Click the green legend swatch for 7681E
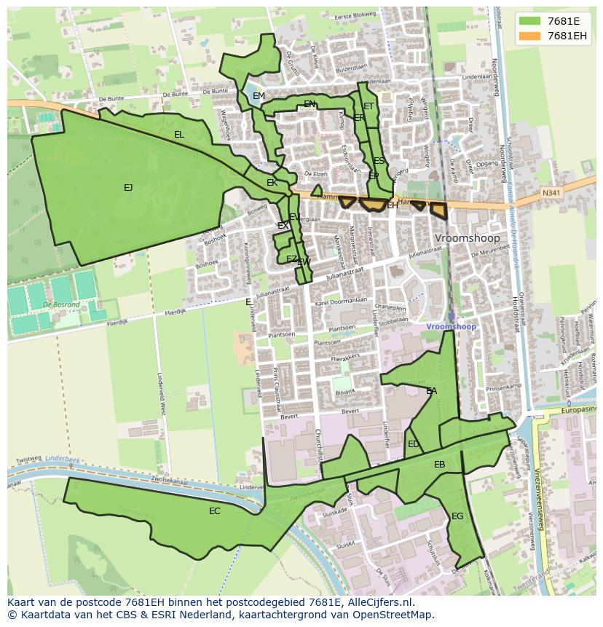[531, 21]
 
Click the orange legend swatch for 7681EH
[531, 36]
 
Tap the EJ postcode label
[128, 188]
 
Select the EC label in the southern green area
[214, 511]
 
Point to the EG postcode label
[457, 516]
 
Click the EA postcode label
[432, 391]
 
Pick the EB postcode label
[439, 465]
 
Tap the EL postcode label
[179, 135]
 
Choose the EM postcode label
[259, 96]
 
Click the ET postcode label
[368, 106]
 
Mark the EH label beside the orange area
[393, 206]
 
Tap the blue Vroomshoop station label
[452, 327]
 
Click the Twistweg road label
[28, 460]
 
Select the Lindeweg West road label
[161, 397]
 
